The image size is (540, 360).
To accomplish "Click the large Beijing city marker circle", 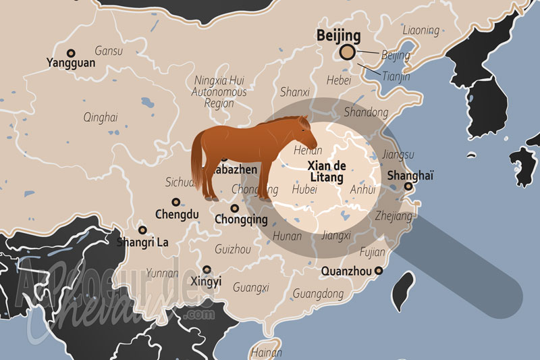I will [348, 53].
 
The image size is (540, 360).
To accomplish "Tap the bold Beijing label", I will [339, 36].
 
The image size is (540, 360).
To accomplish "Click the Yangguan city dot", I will [70, 53].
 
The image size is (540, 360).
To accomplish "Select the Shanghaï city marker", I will [408, 187].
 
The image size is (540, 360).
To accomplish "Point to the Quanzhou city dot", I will [379, 271].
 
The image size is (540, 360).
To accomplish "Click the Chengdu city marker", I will [176, 202].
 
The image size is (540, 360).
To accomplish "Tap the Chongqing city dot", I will [234, 208].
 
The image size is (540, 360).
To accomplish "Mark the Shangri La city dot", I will [142, 230].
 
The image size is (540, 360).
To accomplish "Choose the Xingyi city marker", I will [207, 269].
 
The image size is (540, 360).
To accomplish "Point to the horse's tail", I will [198, 162].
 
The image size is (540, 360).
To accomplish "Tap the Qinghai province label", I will [101, 118].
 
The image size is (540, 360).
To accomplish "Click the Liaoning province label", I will [421, 30].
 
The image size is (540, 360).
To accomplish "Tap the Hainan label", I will [266, 352].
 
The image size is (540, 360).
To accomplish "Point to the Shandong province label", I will [366, 112].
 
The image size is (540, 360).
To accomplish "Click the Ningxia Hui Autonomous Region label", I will [219, 91].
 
